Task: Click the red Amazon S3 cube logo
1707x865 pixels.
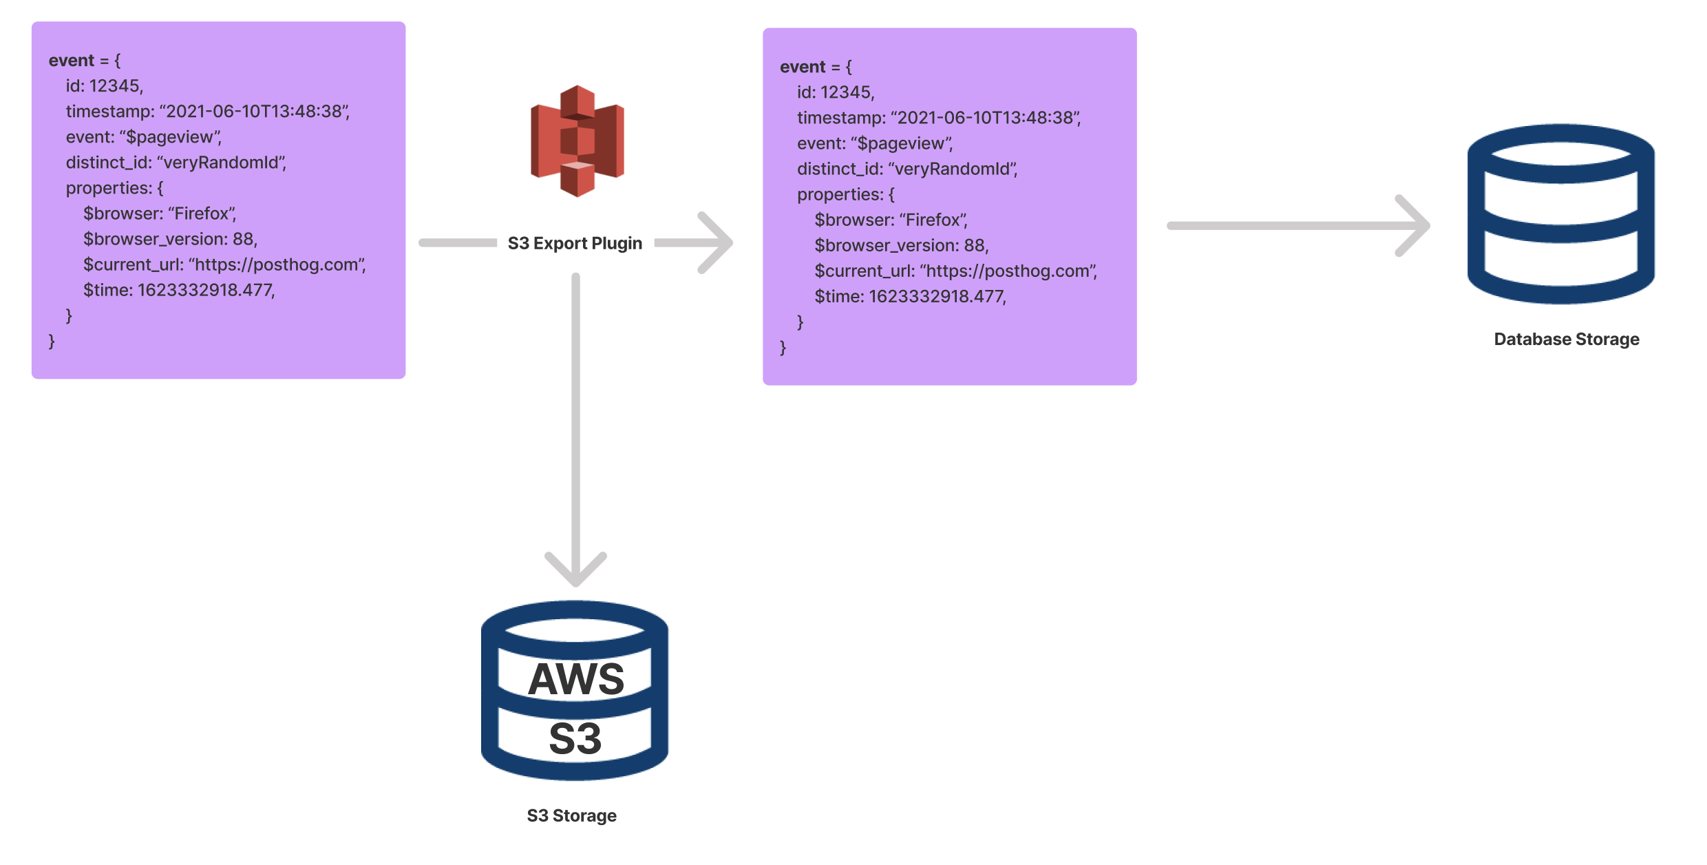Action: [577, 141]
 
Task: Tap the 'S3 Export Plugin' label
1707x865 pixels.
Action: [575, 243]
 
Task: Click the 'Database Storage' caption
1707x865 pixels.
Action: [1566, 339]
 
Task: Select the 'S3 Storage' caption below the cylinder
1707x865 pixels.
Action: [571, 815]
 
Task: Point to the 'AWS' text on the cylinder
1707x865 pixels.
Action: [575, 679]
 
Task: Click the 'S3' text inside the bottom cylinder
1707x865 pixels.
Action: [575, 739]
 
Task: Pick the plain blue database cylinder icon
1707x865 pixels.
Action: [1560, 214]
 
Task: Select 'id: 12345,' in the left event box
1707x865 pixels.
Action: [105, 86]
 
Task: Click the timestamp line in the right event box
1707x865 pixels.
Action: [939, 118]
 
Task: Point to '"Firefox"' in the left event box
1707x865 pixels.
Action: [202, 213]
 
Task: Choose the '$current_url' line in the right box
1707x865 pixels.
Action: [955, 271]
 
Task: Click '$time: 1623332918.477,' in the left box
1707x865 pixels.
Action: [179, 290]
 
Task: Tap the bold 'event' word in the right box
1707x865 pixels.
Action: [802, 67]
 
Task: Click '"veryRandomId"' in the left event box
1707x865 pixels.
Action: [222, 163]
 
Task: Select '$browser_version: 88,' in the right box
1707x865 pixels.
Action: [902, 245]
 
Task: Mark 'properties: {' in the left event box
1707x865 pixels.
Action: [114, 188]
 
